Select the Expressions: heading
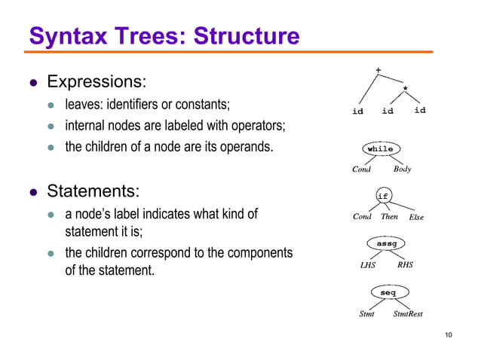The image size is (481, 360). click(97, 81)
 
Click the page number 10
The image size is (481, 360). click(449, 335)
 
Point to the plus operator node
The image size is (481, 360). click(378, 71)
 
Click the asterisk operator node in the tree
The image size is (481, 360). click(406, 89)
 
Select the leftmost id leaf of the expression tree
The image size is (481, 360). click(358, 111)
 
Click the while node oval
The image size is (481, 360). click(380, 149)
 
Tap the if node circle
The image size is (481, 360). click(382, 196)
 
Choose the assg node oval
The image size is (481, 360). click(386, 243)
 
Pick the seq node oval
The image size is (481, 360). click(388, 291)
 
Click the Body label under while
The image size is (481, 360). click(403, 169)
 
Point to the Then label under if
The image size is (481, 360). click(389, 217)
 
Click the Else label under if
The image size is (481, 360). click(415, 218)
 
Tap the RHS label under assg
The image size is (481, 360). click(405, 265)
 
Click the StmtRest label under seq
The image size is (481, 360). click(408, 314)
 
